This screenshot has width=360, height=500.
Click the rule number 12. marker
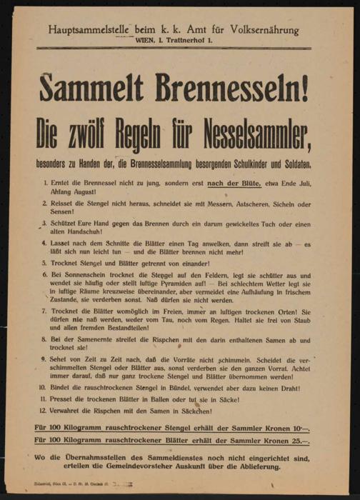pos(45,411)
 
